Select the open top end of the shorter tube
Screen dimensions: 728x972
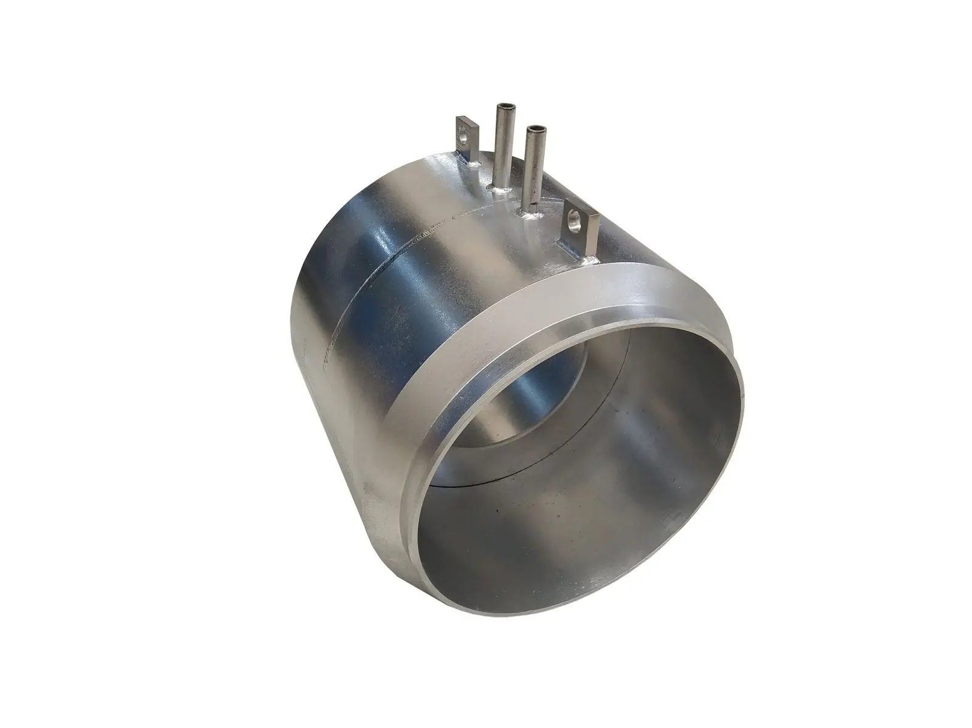tap(536, 129)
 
